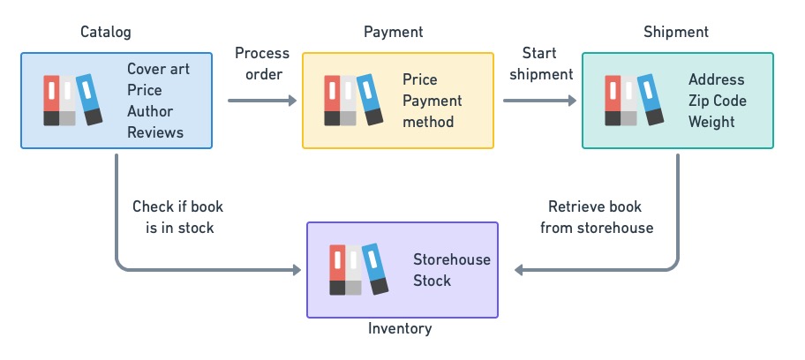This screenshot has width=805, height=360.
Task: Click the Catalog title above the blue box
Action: (x=105, y=33)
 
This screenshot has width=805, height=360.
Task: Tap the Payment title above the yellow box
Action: (x=394, y=33)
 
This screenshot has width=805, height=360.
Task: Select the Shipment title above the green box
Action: (x=677, y=33)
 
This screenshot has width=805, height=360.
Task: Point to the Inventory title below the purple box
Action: (x=400, y=329)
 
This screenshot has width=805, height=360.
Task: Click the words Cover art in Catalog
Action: (x=158, y=69)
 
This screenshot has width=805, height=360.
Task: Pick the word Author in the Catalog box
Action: (x=150, y=111)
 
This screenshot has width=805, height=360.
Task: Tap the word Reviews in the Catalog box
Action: (x=155, y=132)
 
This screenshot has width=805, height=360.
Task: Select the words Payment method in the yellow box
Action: (x=433, y=111)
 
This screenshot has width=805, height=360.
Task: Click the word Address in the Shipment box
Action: (x=717, y=79)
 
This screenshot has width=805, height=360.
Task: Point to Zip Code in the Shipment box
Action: (x=718, y=101)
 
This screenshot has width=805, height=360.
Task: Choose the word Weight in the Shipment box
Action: (x=711, y=122)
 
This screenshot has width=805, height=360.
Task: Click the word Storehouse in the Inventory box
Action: (x=452, y=259)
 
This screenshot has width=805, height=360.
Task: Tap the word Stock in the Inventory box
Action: (x=433, y=281)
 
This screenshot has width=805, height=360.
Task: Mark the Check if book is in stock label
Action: (x=177, y=217)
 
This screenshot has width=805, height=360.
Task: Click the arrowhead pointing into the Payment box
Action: (x=294, y=101)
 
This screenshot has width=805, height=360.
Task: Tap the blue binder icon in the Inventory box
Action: (x=375, y=268)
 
